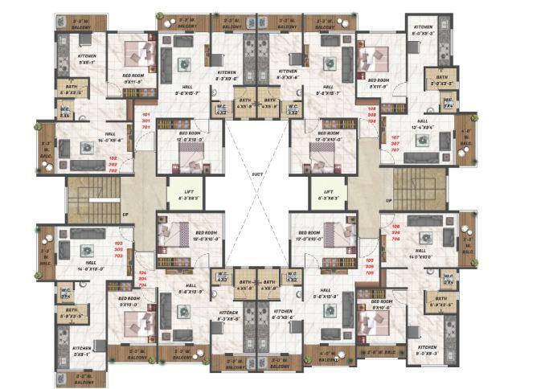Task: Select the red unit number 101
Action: point(145,114)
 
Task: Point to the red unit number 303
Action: point(117,249)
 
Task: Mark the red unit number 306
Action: point(396,233)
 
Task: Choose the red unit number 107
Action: point(396,137)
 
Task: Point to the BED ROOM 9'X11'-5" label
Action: point(133,79)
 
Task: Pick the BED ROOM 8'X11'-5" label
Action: point(379,83)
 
